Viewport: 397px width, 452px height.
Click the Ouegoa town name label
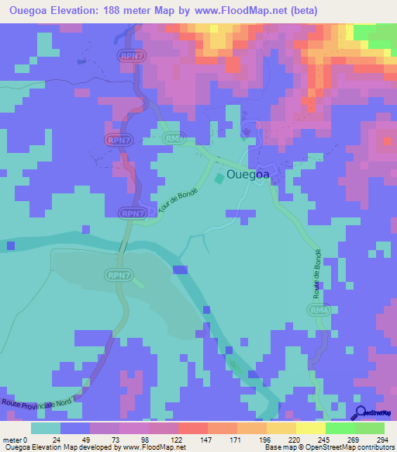[248, 175]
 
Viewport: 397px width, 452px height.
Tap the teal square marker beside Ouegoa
[219, 179]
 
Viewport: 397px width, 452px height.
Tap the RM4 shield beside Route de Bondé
[316, 311]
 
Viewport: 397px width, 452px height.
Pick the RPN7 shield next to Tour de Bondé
[133, 213]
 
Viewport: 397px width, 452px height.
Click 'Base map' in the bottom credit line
[278, 447]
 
